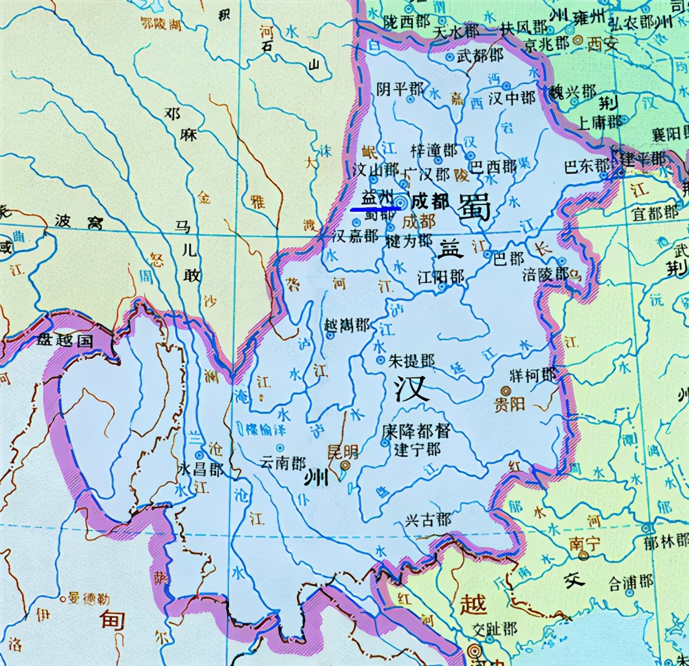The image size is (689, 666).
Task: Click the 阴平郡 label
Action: (400, 89)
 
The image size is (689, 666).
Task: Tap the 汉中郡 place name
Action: (512, 98)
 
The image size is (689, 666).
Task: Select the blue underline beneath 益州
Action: (376, 210)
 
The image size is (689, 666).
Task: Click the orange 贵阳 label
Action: (510, 404)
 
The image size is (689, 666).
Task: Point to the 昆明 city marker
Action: (345, 466)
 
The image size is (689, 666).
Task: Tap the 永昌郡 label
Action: (201, 469)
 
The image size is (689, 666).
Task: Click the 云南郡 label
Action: (283, 463)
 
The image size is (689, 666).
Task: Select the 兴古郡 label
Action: (428, 520)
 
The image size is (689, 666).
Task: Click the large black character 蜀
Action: (475, 207)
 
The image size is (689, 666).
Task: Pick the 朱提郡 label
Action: (411, 361)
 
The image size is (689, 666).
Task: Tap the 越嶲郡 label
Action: (347, 326)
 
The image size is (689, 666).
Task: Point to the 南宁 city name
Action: (584, 543)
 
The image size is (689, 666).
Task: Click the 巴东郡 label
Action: (586, 166)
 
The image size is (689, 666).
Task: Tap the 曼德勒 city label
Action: (88, 598)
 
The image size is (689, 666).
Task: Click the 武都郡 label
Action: (481, 55)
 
